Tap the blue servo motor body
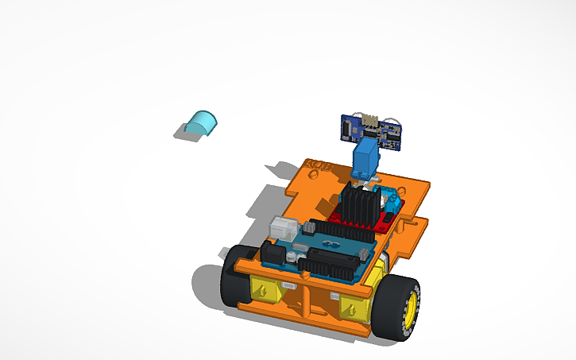tap(365, 158)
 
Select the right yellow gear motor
tap(353, 309)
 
